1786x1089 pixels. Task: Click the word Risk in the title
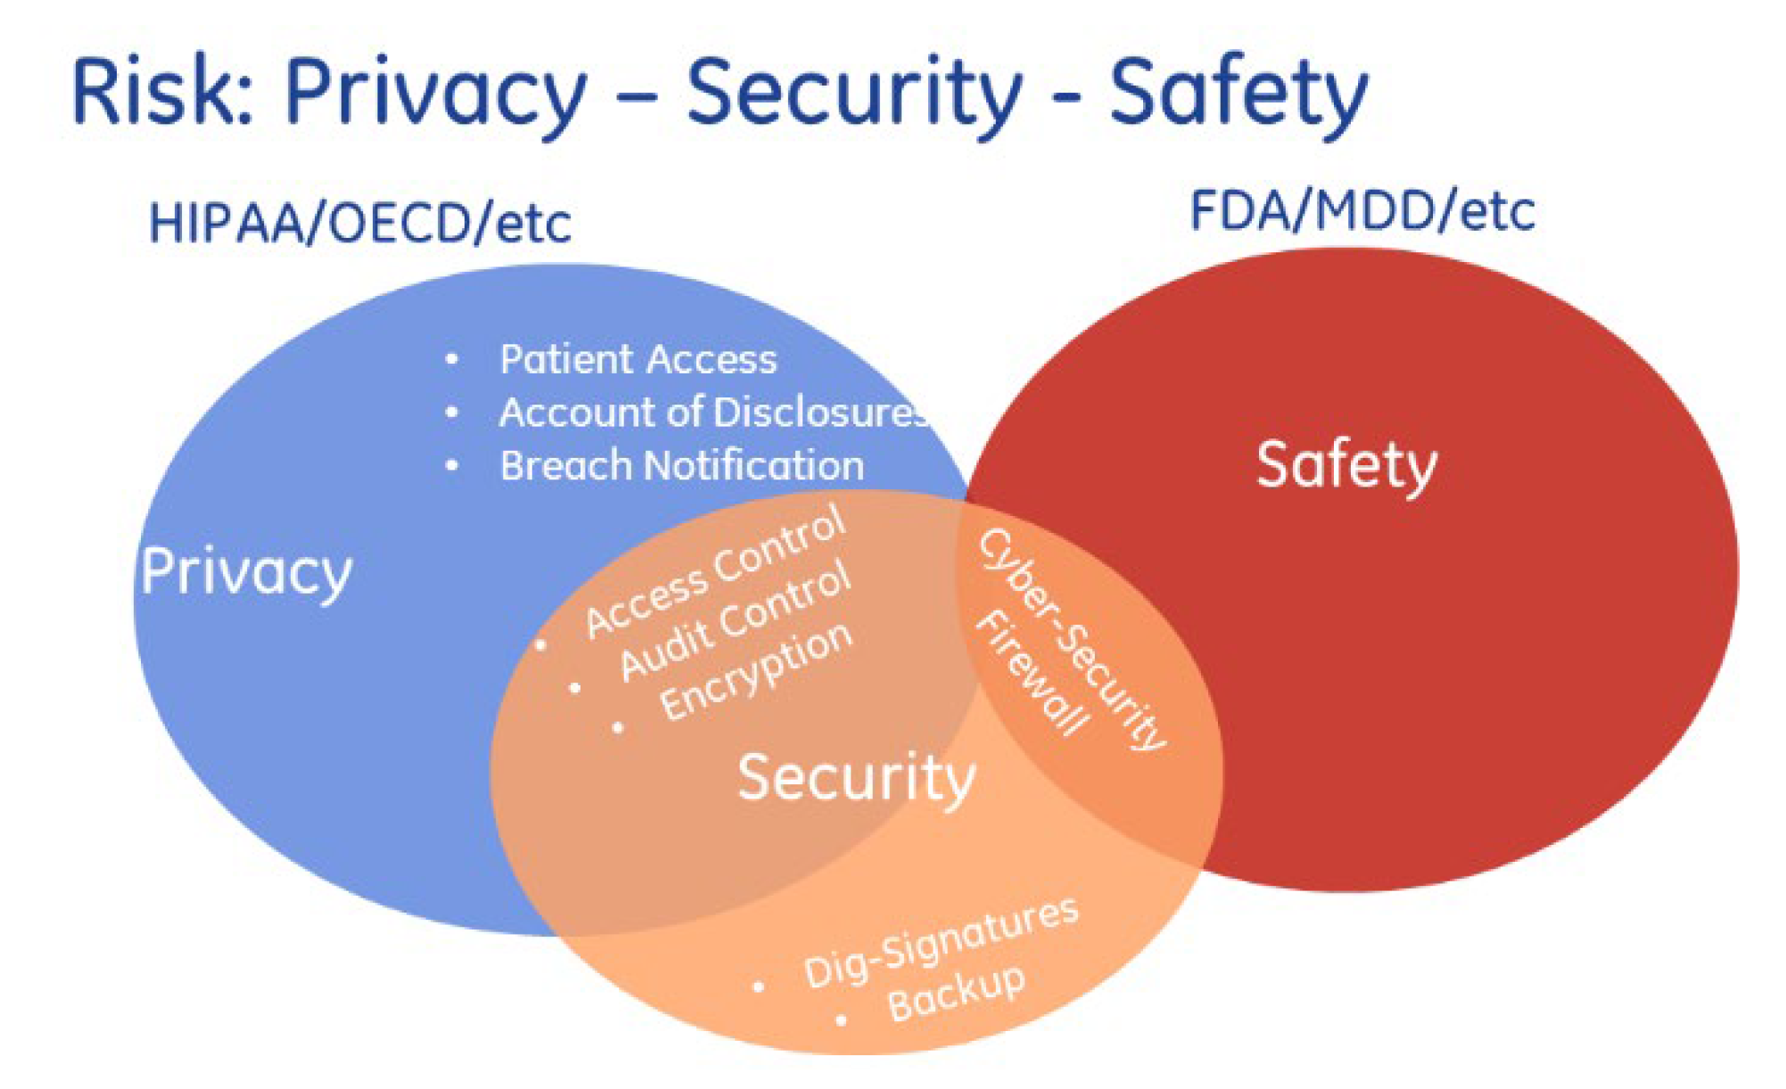tap(160, 91)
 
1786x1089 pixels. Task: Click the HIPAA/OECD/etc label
tap(359, 223)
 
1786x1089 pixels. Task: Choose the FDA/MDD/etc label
tap(1362, 211)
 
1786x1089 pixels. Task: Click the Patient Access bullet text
tap(638, 359)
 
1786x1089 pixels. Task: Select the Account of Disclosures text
tap(713, 412)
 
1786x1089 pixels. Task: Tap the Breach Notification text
tap(681, 465)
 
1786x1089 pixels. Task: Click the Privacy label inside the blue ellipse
tap(246, 572)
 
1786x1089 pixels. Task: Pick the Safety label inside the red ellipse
tap(1346, 465)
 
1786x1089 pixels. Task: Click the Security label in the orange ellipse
tap(856, 778)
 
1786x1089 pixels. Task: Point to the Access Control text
tap(714, 570)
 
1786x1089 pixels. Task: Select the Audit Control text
tap(736, 621)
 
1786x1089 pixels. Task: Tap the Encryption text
tap(756, 670)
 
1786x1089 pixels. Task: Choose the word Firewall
tap(1032, 674)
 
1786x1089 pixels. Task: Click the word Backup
tap(956, 993)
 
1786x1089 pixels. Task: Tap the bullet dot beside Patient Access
tap(452, 359)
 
